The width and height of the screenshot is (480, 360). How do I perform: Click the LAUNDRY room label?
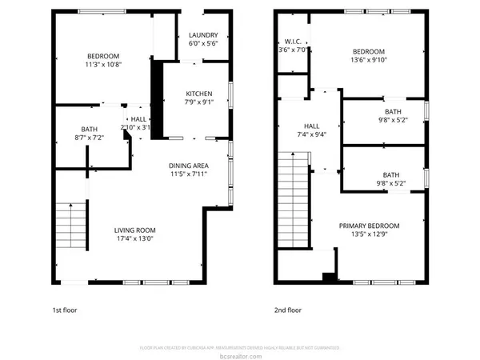203,36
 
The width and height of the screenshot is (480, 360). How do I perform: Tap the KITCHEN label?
199,93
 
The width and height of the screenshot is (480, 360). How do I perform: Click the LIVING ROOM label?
134,230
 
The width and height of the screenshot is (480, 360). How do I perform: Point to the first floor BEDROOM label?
103,56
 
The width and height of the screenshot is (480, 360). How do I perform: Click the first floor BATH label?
88,130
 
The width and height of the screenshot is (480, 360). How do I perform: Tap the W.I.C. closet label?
291,42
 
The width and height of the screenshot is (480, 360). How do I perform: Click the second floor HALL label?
311,126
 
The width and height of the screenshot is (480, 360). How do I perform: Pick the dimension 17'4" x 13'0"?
134,238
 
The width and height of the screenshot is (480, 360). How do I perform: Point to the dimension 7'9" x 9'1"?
199,102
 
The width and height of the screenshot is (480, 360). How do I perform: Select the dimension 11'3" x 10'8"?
103,65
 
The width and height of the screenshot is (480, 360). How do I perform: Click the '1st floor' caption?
65,309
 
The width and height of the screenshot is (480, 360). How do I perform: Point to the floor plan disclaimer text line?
240,347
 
